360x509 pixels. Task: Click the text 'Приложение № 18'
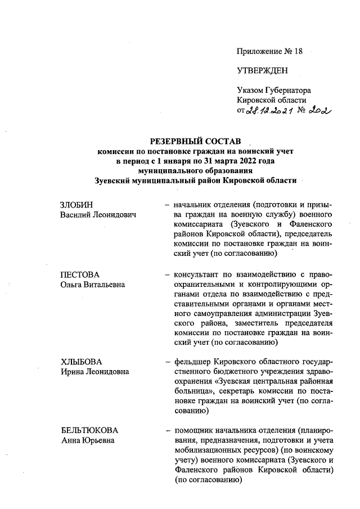(x=269, y=51)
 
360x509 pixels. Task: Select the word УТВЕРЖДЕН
(x=262, y=71)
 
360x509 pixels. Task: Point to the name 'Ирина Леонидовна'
(x=94, y=371)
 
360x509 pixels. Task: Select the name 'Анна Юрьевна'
(x=87, y=441)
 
